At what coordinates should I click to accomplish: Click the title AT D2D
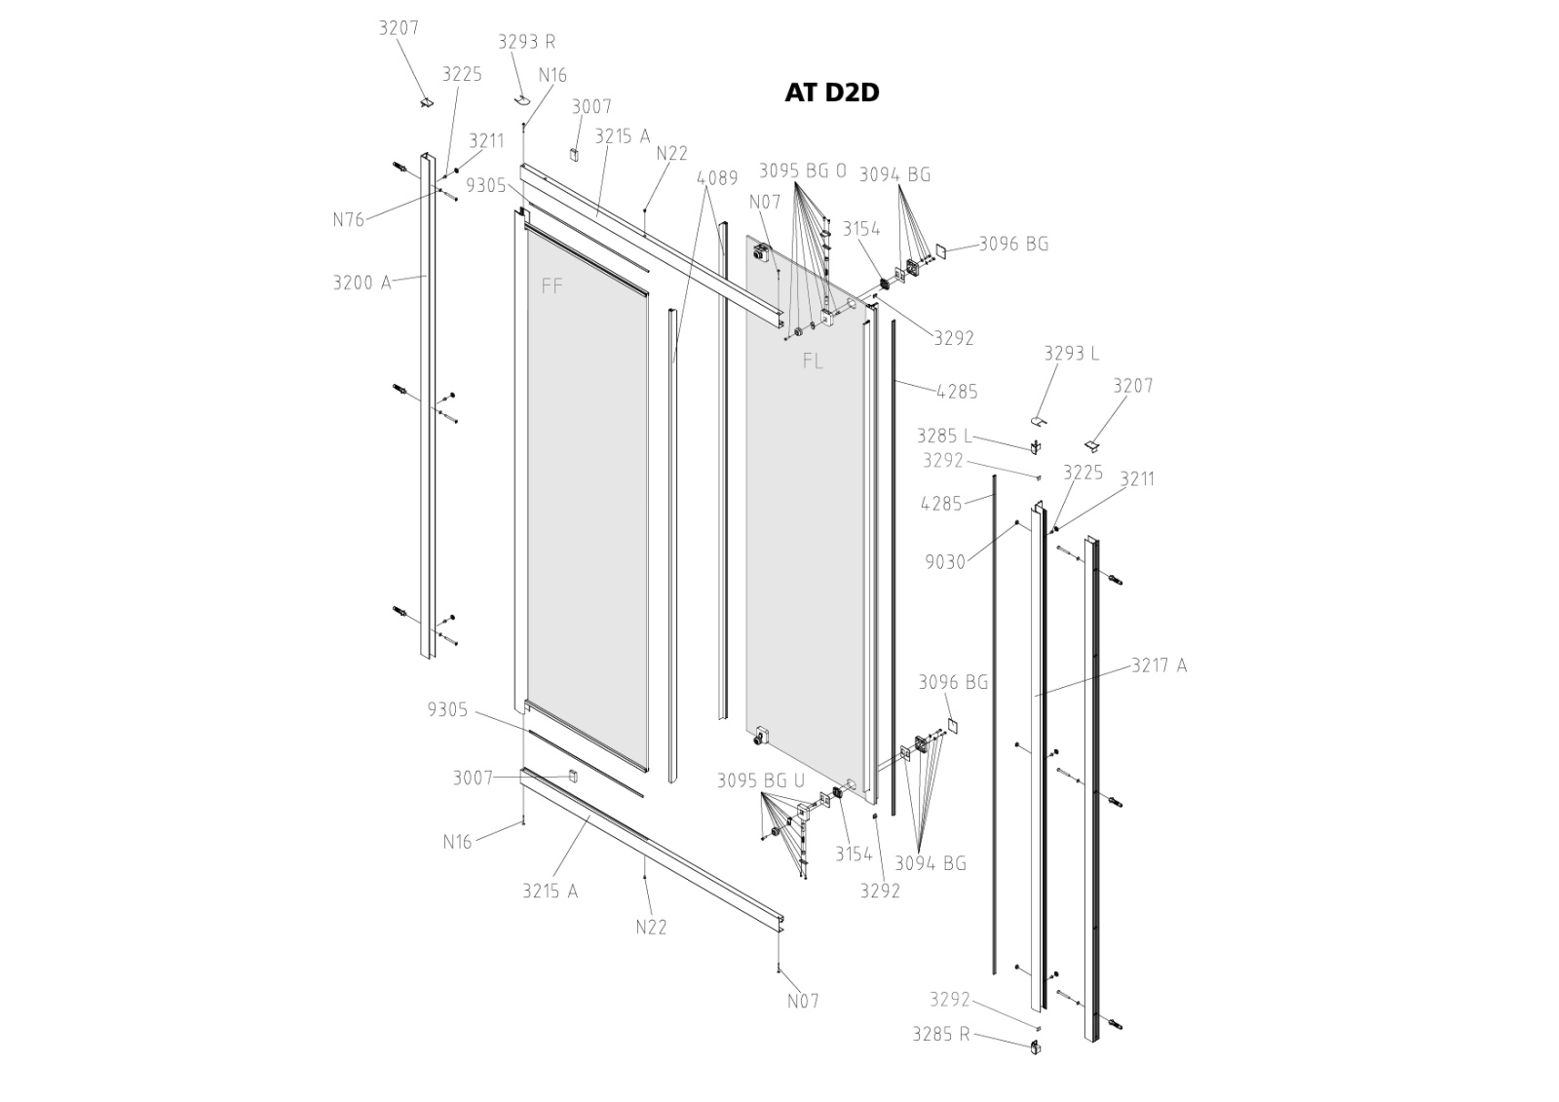831,93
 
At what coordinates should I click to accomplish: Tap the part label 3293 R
526,42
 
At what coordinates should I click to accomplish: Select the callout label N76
348,220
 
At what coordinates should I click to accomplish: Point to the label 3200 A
361,284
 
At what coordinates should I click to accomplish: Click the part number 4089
717,178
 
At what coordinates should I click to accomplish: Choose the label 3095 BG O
803,171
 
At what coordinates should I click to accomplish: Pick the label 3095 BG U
761,780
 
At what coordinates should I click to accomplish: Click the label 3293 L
1071,354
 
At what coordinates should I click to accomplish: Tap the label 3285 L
944,437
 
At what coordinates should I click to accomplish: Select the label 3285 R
940,1035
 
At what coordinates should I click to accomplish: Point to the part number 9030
945,562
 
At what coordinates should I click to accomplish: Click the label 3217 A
1159,666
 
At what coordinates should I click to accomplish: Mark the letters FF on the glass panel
552,286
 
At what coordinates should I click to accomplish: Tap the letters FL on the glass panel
813,361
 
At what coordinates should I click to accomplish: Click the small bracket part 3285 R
1035,1047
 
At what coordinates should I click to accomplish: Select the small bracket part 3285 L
1035,446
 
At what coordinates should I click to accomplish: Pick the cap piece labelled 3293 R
522,99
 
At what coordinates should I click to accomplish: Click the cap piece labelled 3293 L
1039,421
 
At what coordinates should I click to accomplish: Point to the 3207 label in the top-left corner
399,28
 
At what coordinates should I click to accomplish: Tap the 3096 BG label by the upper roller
1013,245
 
